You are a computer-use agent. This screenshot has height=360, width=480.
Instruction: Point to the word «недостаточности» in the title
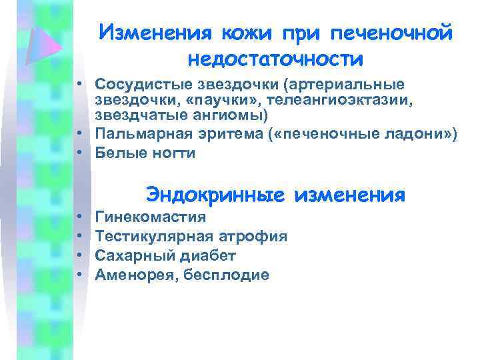coord(275,59)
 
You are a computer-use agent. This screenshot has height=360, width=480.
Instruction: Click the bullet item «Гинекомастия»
coord(151,217)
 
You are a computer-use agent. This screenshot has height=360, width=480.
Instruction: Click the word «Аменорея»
coord(134,274)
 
